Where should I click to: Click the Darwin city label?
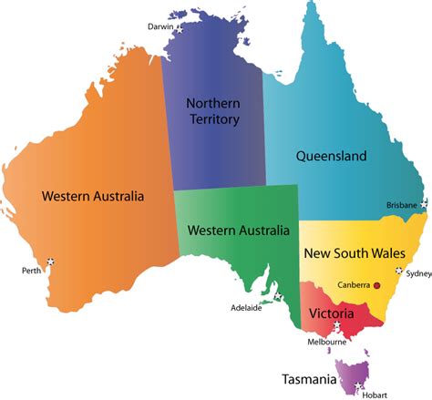point(160,26)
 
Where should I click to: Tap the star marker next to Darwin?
point(180,27)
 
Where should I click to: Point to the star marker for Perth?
point(50,262)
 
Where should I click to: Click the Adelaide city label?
point(246,307)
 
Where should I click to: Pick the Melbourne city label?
point(327,342)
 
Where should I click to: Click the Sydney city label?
point(418,272)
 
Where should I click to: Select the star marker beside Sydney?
point(399,271)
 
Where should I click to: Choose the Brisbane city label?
point(402,204)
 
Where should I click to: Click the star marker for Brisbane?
point(423,205)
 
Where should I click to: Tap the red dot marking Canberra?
point(376,284)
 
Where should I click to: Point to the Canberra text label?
point(354,284)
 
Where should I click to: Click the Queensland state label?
point(332,156)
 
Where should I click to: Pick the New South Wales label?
point(354,252)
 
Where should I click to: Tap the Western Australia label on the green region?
point(239,230)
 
